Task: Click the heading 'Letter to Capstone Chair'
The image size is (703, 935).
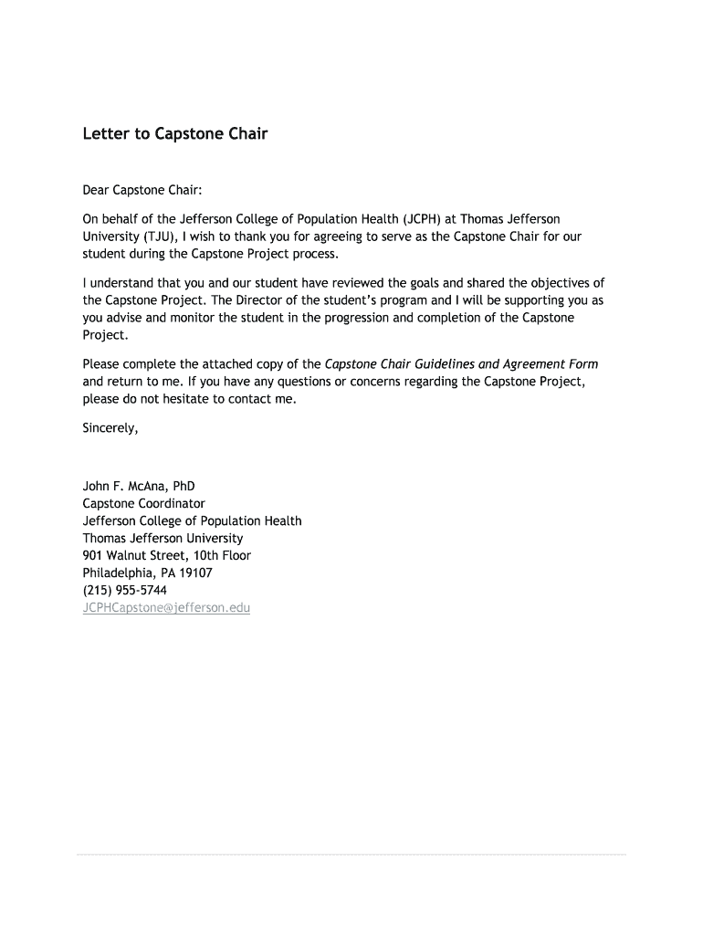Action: [175, 134]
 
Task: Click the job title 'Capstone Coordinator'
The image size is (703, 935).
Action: [144, 503]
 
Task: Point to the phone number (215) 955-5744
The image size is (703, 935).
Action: [125, 590]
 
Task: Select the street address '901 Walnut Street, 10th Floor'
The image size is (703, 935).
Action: [167, 555]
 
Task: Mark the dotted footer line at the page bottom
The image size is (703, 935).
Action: [351, 855]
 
